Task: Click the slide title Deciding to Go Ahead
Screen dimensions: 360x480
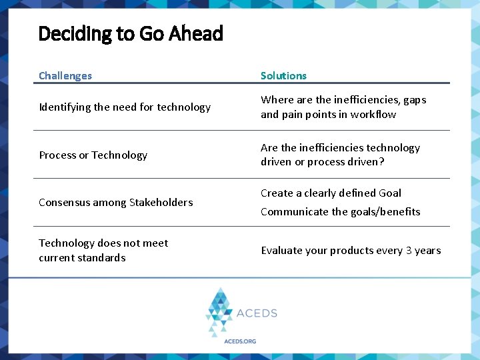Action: (x=131, y=33)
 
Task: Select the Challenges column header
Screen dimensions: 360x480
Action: (x=65, y=76)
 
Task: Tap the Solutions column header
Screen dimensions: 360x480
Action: (x=283, y=76)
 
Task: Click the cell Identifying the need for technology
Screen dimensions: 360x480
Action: (x=125, y=107)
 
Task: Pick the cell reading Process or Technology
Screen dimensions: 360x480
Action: (x=93, y=155)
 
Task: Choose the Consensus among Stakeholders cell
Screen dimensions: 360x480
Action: (x=115, y=203)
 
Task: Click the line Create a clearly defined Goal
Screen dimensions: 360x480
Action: (x=331, y=193)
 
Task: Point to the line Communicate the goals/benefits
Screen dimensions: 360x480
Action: (x=340, y=212)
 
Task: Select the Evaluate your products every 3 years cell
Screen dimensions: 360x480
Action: (x=351, y=251)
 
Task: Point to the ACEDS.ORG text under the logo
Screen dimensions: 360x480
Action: (x=239, y=341)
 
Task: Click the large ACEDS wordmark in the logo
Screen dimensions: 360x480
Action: (x=257, y=313)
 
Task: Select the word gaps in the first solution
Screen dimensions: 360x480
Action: (x=414, y=100)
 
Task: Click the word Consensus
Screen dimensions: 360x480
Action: (x=64, y=203)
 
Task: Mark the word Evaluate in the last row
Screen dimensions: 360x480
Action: (x=281, y=251)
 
